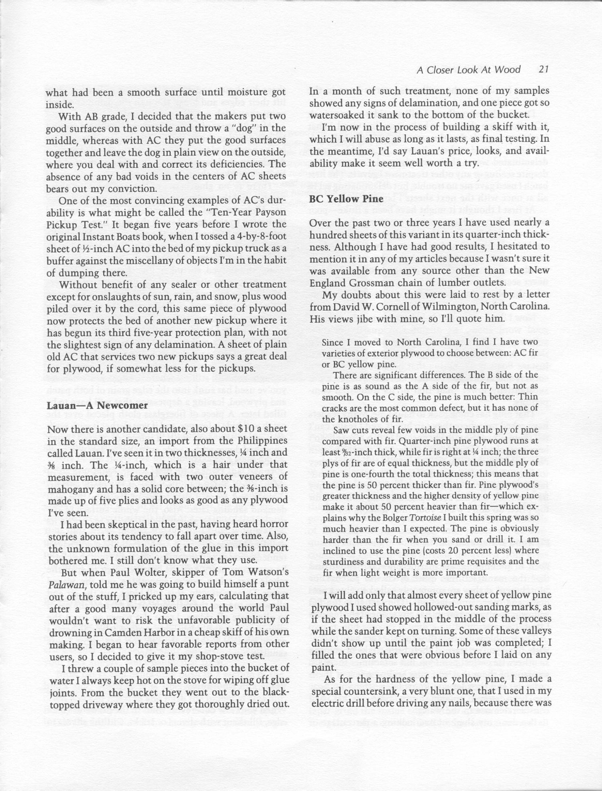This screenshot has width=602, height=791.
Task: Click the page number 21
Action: point(543,69)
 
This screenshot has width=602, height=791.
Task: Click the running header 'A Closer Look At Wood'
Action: point(468,69)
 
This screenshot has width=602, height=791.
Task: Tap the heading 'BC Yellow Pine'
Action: point(347,199)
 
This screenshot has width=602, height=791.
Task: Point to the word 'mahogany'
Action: point(72,489)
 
